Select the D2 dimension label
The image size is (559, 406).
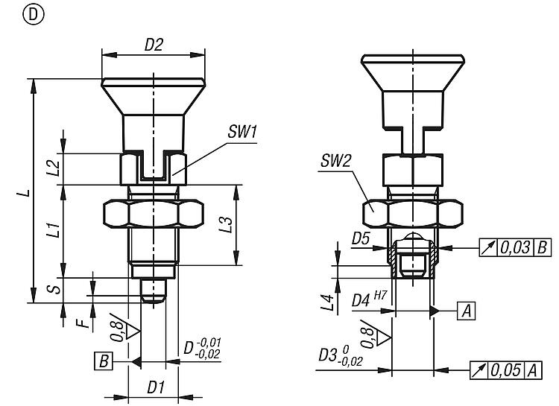[x=154, y=44]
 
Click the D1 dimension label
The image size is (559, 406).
[x=155, y=387]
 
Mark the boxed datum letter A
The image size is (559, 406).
[x=466, y=310]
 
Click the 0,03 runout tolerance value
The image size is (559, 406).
[x=514, y=247]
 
